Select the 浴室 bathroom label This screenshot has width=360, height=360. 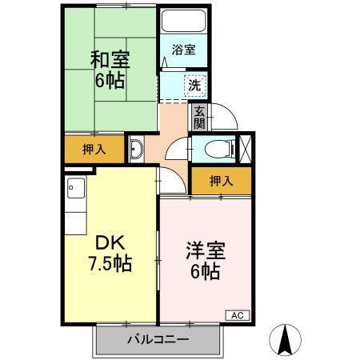tap(184, 50)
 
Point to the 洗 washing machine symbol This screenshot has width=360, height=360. tap(194, 84)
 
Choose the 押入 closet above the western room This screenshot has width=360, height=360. tap(222, 182)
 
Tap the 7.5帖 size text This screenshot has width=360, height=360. tap(110, 262)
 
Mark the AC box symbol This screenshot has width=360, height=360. tap(238, 314)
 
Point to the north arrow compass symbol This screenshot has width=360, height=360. tap(283, 339)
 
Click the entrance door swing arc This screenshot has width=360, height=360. tap(226, 120)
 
